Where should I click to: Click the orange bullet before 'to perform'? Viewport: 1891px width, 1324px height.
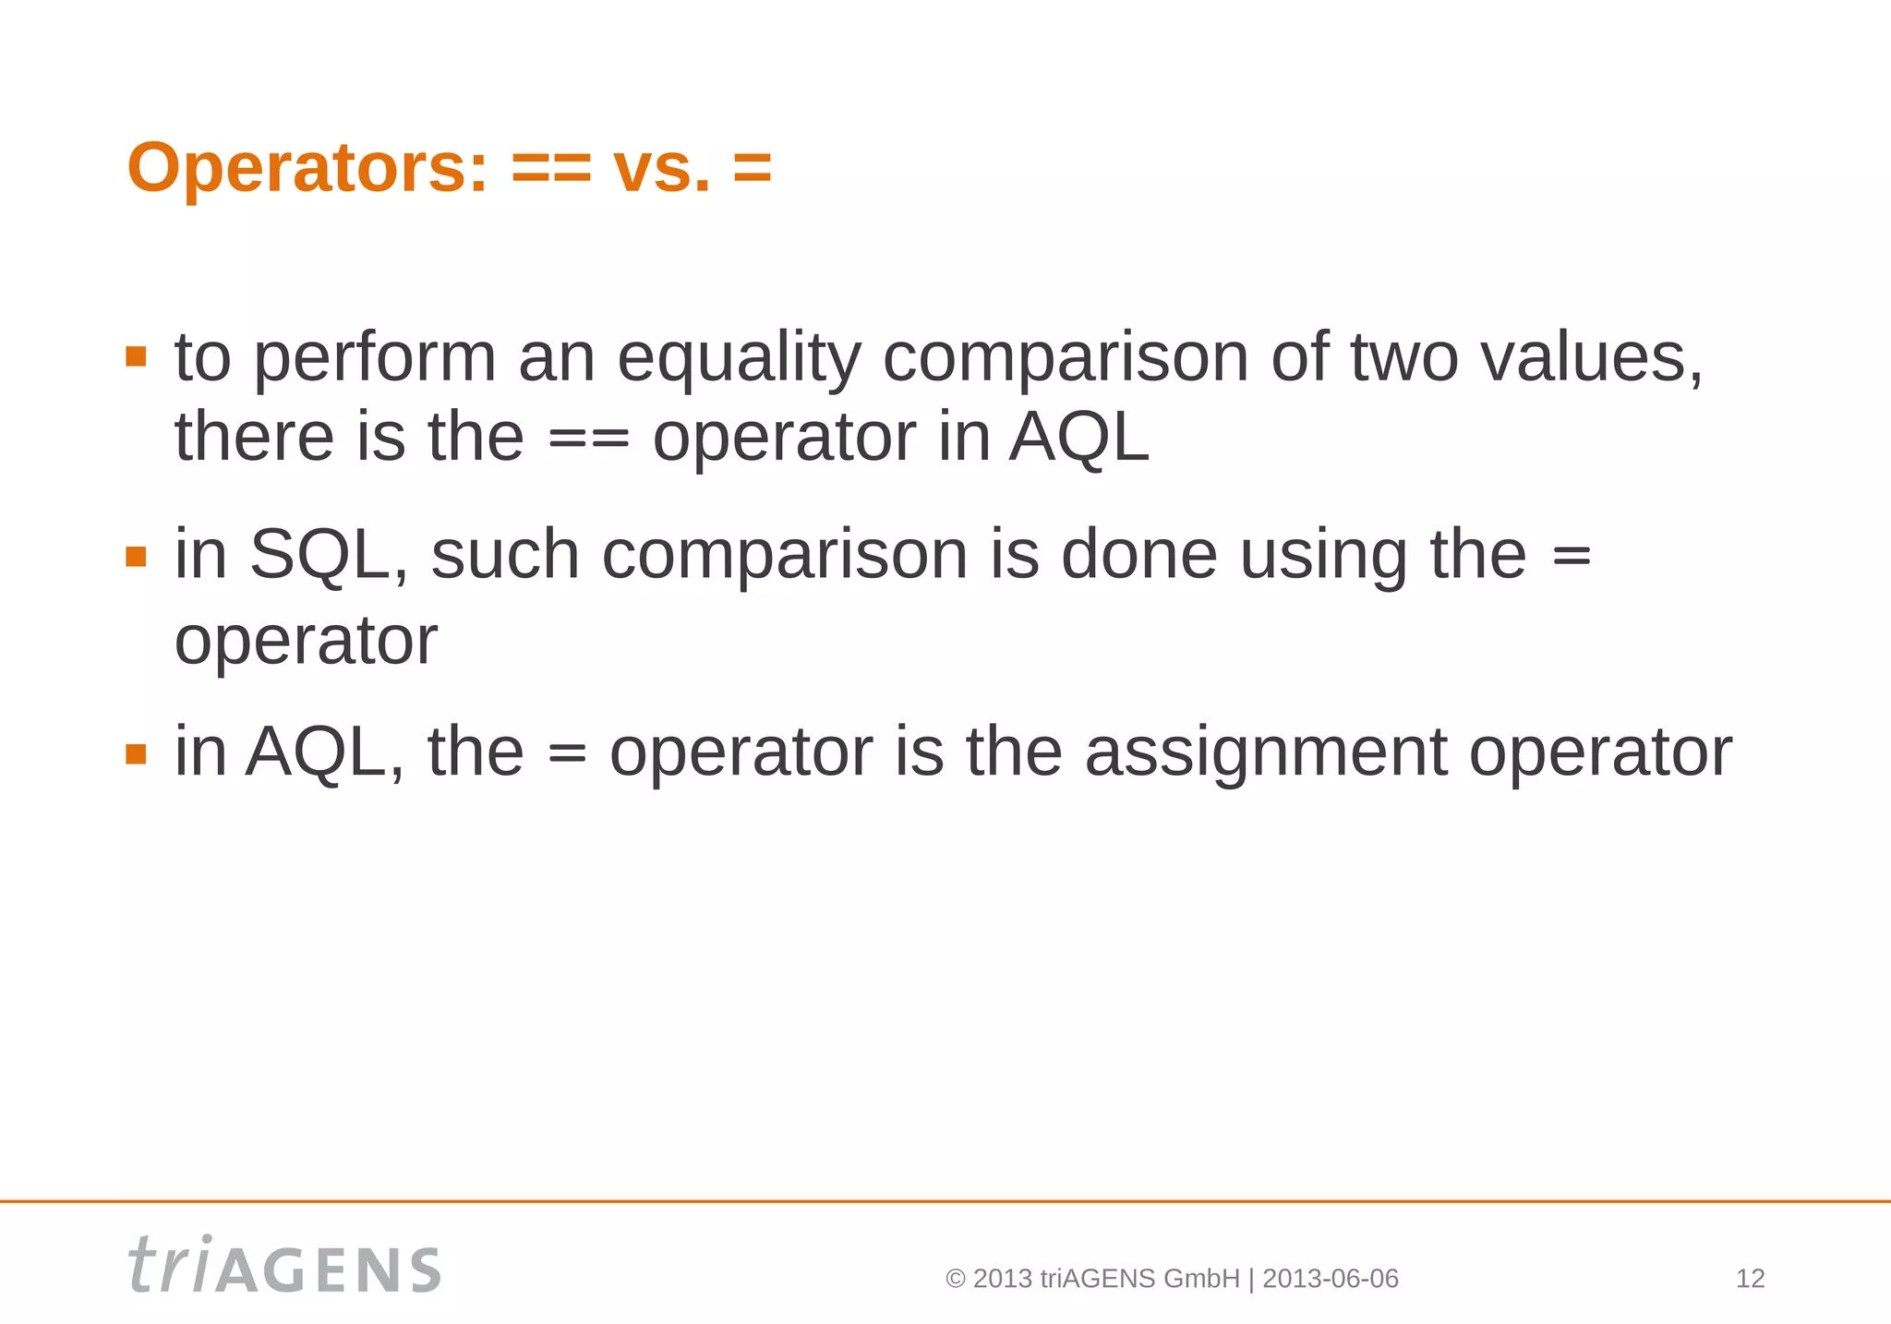tap(137, 356)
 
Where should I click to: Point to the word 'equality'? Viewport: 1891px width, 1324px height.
tap(739, 358)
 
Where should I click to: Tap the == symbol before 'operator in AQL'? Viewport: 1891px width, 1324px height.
tap(589, 438)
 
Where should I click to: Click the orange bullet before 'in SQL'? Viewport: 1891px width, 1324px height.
tap(137, 556)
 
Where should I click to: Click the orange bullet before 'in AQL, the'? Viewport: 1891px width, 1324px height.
tap(137, 754)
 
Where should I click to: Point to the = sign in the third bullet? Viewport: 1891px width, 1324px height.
tap(566, 753)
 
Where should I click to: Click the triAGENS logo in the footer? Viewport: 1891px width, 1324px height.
tap(284, 1265)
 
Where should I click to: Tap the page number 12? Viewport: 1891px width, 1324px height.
tap(1750, 1279)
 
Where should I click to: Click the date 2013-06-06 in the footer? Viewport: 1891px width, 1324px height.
tap(1330, 1279)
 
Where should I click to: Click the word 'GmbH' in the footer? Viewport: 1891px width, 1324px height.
tap(1201, 1279)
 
